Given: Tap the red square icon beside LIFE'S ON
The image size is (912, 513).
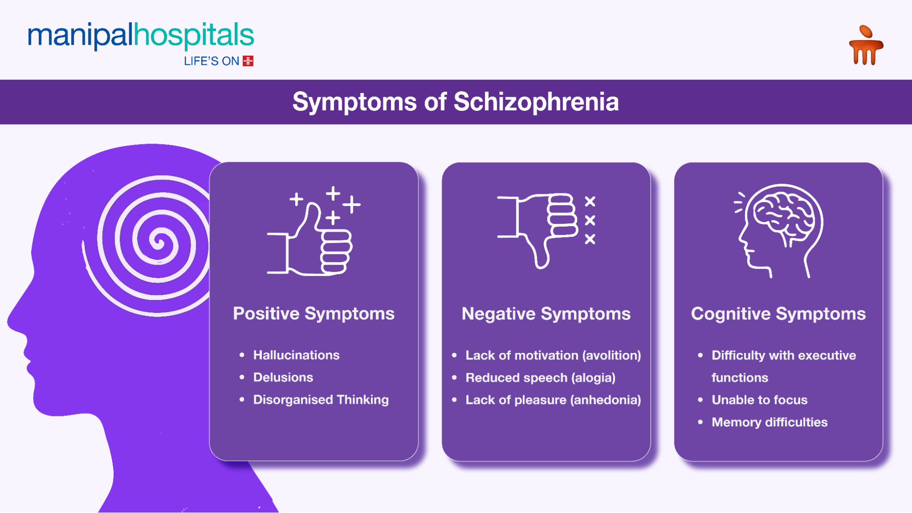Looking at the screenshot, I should (x=248, y=61).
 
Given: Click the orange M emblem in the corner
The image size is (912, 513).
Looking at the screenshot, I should (x=865, y=46).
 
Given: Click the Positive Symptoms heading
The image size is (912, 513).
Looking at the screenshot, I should (x=313, y=314).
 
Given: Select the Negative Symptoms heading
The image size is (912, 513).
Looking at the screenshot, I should (x=546, y=314).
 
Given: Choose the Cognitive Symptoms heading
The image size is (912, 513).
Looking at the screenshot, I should (x=778, y=314).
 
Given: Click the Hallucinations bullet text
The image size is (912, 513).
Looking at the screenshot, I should (x=296, y=355).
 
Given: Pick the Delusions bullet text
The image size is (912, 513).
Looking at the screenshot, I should (x=283, y=378).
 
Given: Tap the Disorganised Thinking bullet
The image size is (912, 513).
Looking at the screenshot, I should (x=321, y=400).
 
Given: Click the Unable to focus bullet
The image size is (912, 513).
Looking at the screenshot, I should (x=759, y=400).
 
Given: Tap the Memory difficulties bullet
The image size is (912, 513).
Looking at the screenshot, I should (x=769, y=422).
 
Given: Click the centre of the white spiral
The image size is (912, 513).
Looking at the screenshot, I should (x=158, y=241).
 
